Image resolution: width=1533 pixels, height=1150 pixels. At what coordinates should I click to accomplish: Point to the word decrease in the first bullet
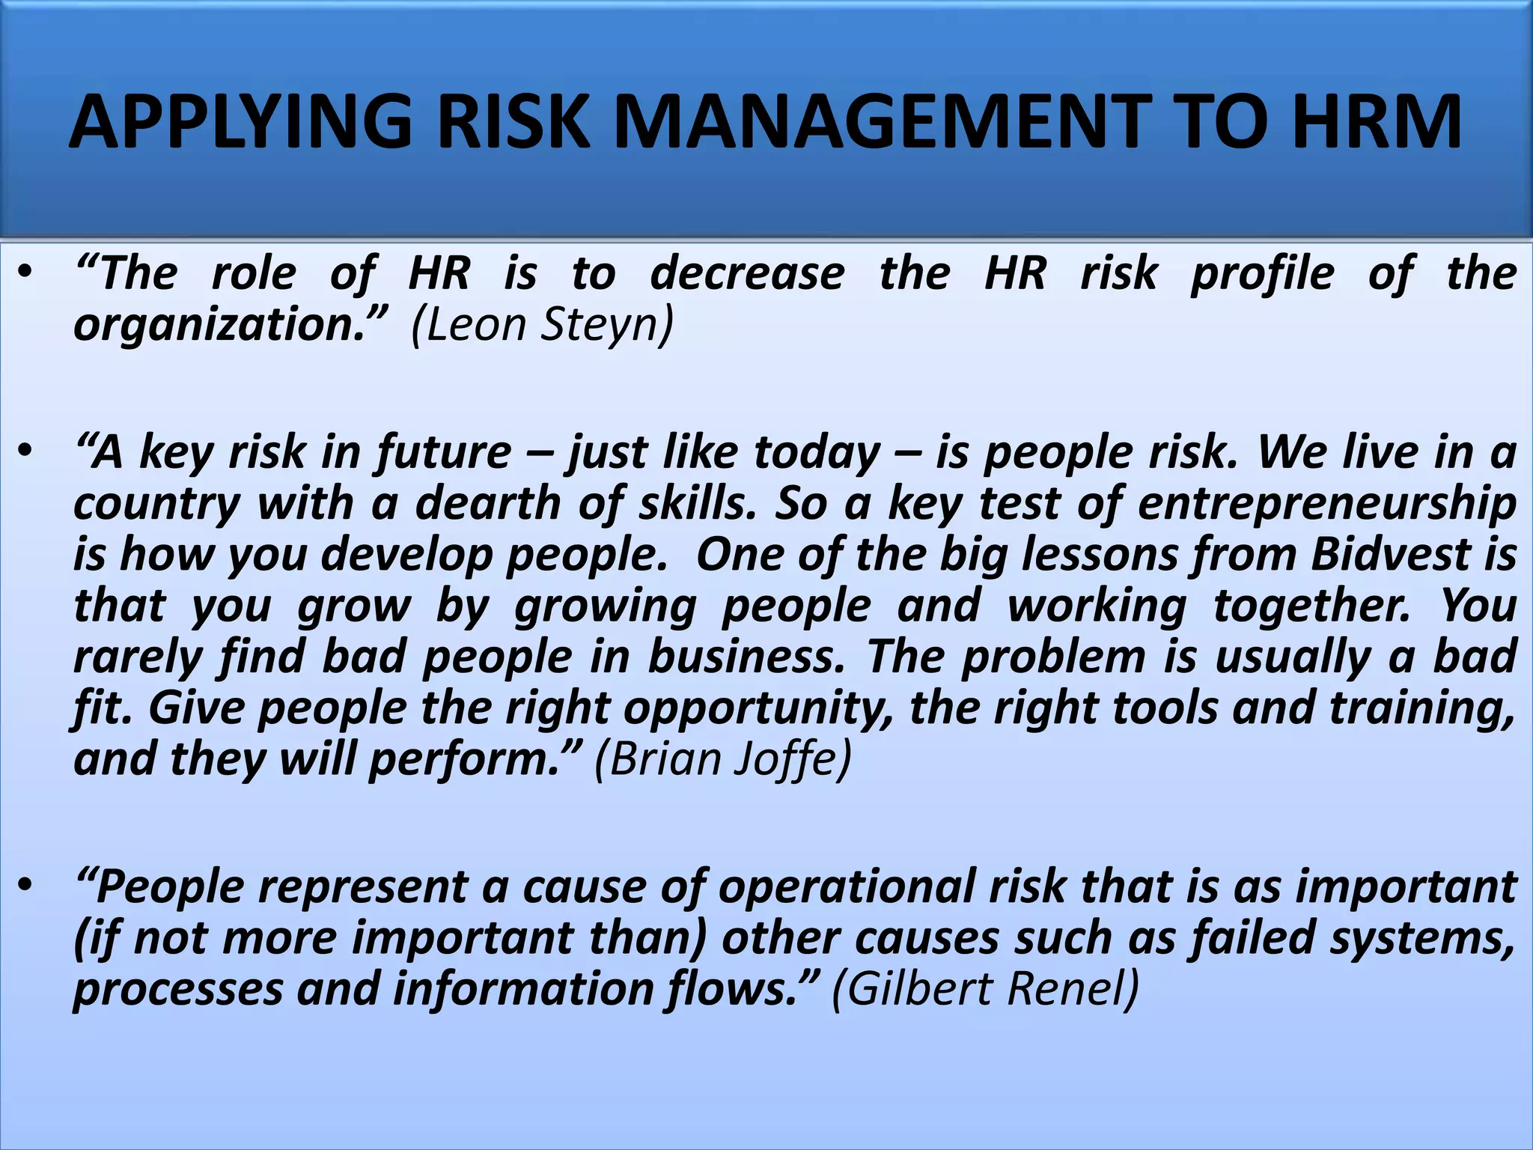pyautogui.click(x=747, y=273)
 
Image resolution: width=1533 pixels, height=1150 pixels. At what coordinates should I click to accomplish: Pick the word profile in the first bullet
pyautogui.click(x=1262, y=275)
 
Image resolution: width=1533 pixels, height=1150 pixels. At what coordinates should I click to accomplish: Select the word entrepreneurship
pyautogui.click(x=1326, y=505)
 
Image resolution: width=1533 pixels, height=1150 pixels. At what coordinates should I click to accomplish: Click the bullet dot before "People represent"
pyautogui.click(x=27, y=886)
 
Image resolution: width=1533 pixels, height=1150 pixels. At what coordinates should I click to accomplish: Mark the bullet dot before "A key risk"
pyautogui.click(x=27, y=452)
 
